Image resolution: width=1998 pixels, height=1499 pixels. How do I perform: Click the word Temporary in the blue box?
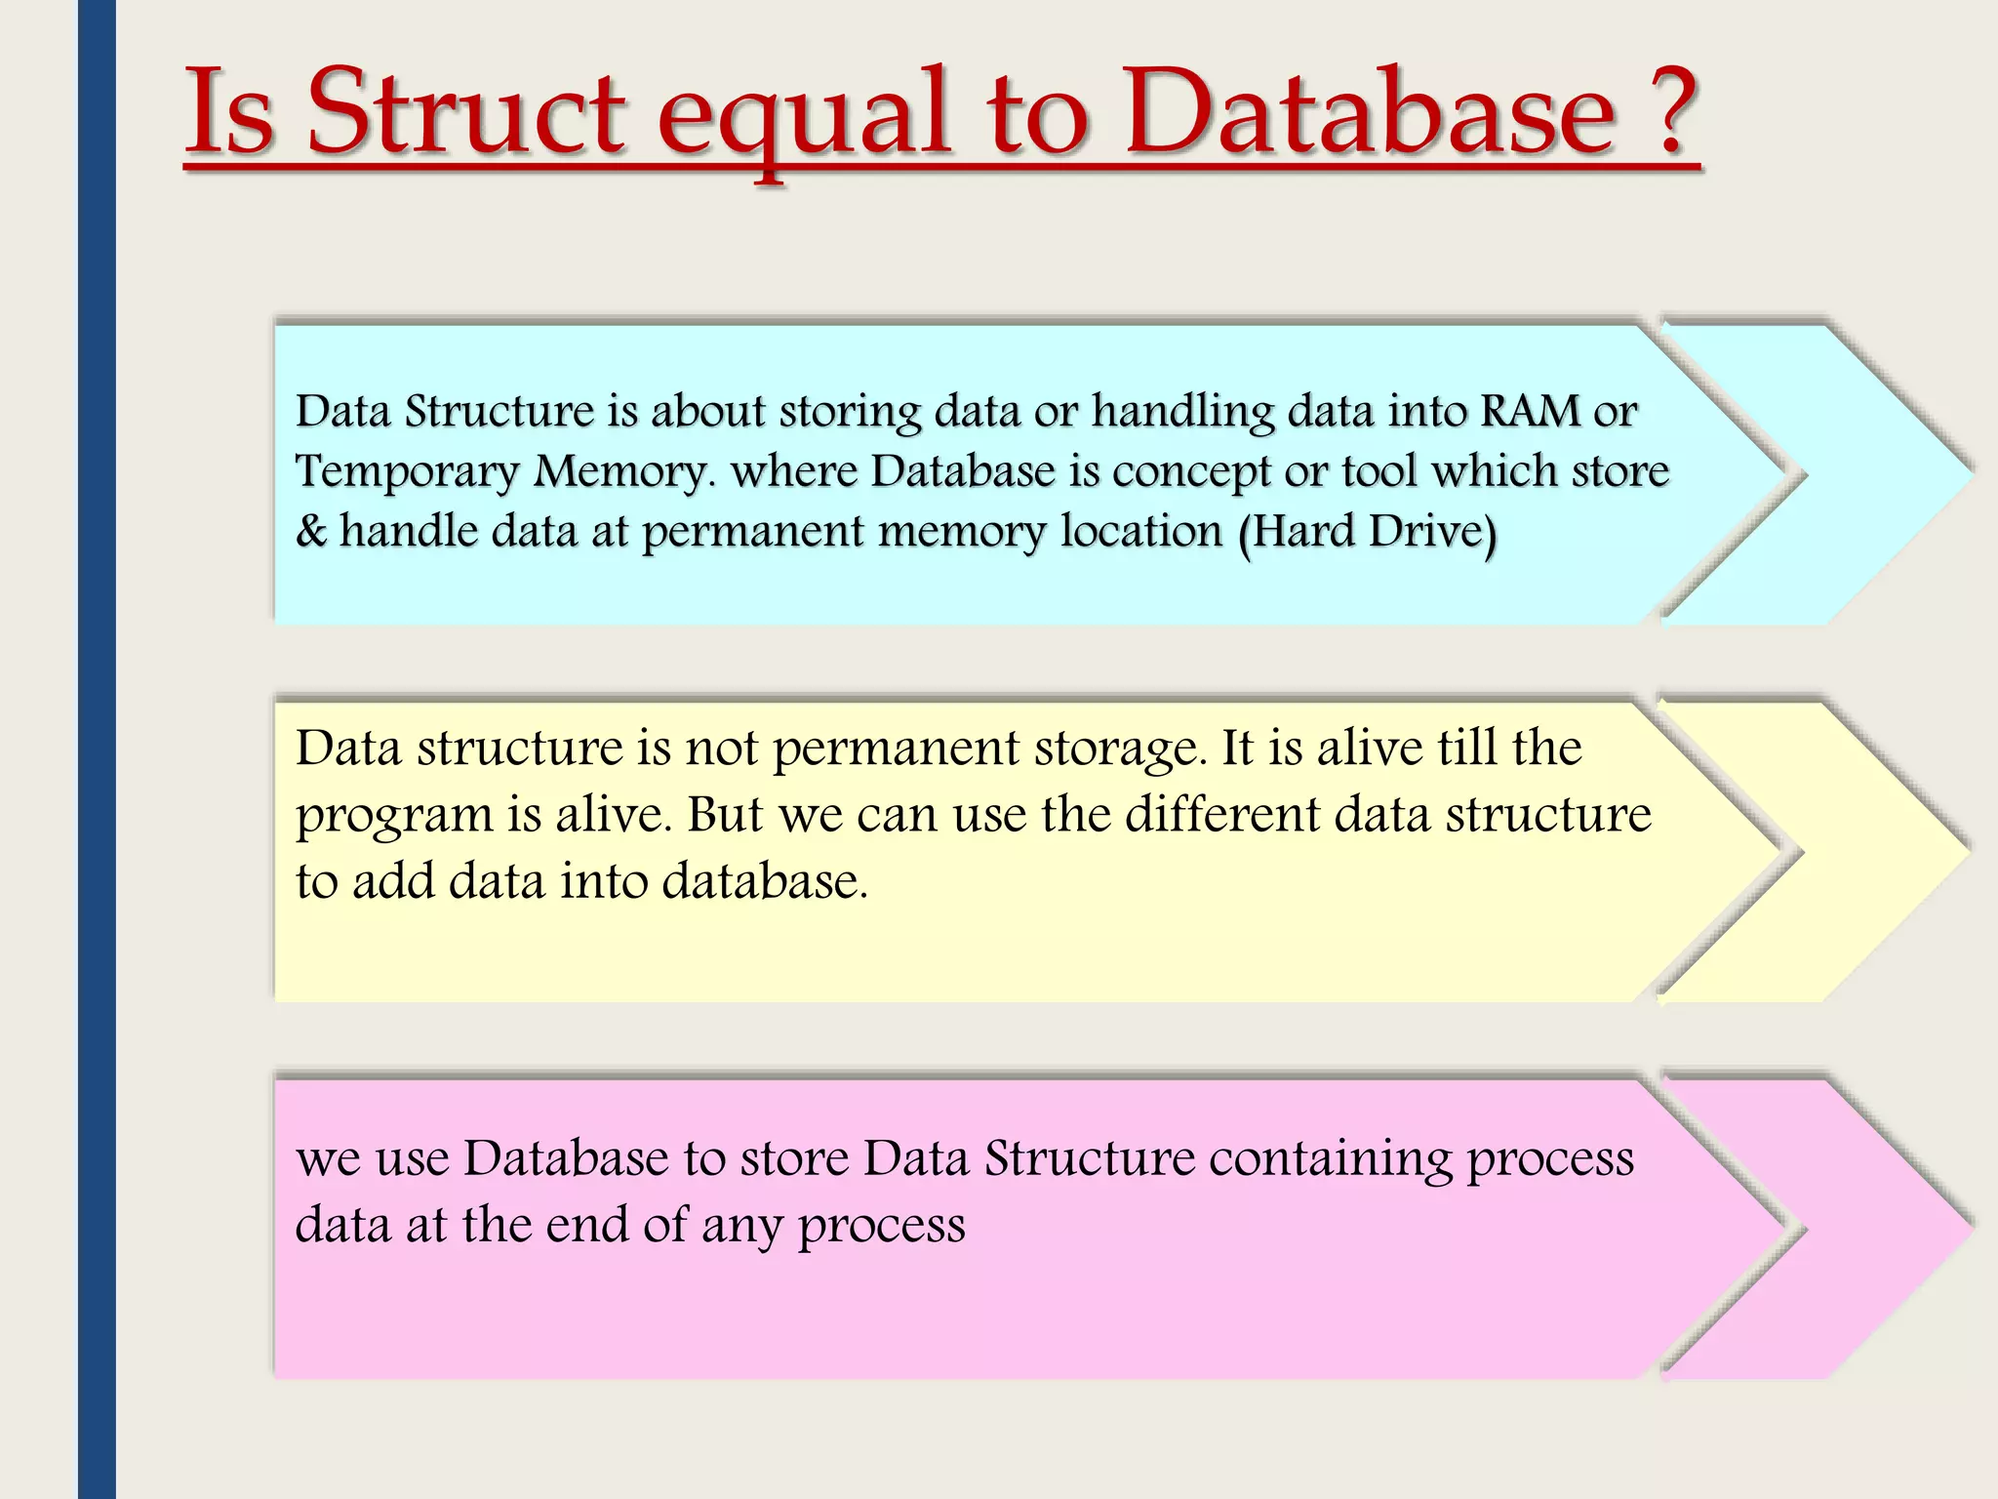tap(406, 472)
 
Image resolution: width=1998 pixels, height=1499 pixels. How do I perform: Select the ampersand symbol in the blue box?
tap(311, 532)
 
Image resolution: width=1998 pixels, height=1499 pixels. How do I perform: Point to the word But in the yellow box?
tap(724, 815)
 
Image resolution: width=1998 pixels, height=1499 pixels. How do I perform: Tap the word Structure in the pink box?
tap(1089, 1159)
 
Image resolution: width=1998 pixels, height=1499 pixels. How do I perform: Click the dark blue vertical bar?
tap(97, 749)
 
